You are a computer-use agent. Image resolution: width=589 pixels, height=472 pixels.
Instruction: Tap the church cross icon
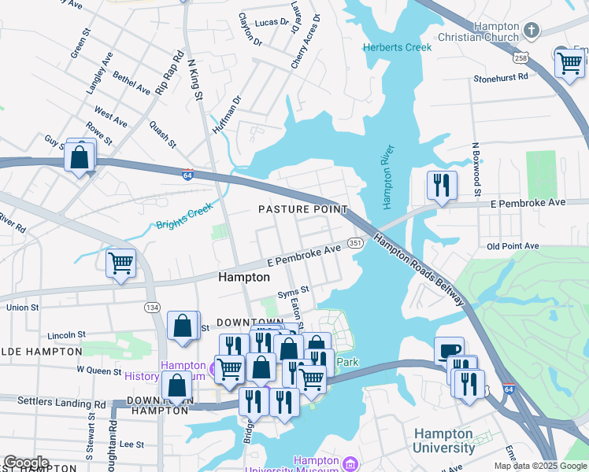[x=532, y=31]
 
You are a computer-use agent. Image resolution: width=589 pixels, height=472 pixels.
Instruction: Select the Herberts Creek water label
[x=398, y=47]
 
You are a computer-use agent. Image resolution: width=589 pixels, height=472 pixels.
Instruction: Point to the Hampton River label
[x=387, y=177]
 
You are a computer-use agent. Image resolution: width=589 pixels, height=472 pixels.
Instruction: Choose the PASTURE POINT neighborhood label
[x=303, y=209]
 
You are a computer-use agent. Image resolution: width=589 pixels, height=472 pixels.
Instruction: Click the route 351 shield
[x=356, y=244]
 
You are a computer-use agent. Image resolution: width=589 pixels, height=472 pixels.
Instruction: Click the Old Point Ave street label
[x=513, y=246]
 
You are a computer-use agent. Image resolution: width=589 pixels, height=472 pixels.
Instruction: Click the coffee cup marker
[x=449, y=351]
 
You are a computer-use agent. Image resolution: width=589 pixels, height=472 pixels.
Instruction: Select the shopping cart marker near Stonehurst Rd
[x=569, y=63]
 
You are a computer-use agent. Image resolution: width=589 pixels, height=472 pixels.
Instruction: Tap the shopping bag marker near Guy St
[x=80, y=157]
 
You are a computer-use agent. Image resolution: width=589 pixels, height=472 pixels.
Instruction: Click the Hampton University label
[x=443, y=441]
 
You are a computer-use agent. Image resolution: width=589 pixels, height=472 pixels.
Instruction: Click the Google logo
[x=27, y=463]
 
